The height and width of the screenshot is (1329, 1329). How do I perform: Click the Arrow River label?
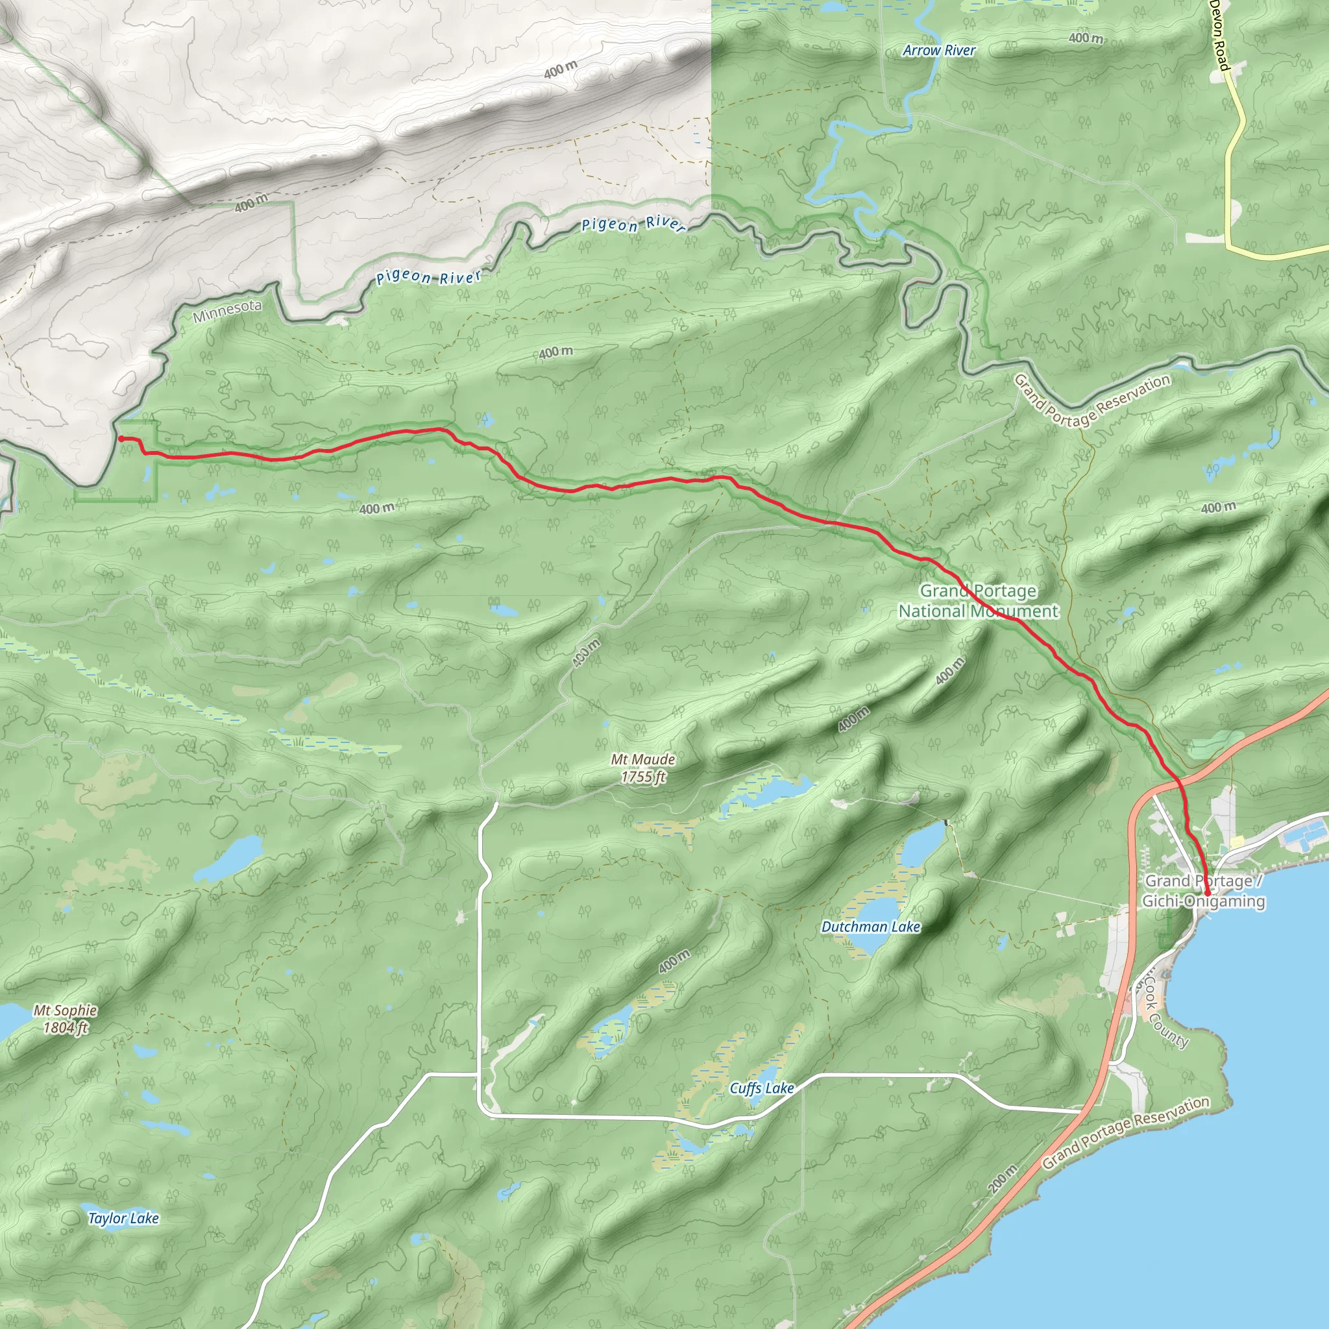(x=939, y=50)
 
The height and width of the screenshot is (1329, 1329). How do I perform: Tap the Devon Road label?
(x=1219, y=34)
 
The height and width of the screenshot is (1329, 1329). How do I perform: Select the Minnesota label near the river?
(x=227, y=311)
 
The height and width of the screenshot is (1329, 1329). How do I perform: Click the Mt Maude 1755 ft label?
(x=643, y=768)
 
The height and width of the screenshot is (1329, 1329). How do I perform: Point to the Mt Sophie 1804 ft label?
(x=66, y=1019)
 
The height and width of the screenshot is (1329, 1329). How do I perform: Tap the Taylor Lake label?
(x=124, y=1218)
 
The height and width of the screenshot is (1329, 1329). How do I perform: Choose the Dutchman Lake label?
(x=870, y=927)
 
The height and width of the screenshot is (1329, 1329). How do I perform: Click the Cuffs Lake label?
(x=761, y=1088)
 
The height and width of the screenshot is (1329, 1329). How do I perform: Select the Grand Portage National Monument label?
(x=978, y=600)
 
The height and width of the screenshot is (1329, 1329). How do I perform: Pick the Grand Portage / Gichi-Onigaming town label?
(x=1204, y=891)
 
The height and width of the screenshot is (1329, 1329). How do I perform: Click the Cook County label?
(x=1166, y=1015)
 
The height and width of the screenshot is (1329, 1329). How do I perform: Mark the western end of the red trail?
(x=121, y=438)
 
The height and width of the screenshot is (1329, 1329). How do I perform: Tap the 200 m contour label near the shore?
(x=1002, y=1180)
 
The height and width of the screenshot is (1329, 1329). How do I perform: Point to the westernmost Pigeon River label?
(x=428, y=277)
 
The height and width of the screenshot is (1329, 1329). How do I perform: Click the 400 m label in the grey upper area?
(x=561, y=69)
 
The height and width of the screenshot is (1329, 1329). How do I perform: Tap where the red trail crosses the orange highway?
(x=1179, y=782)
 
